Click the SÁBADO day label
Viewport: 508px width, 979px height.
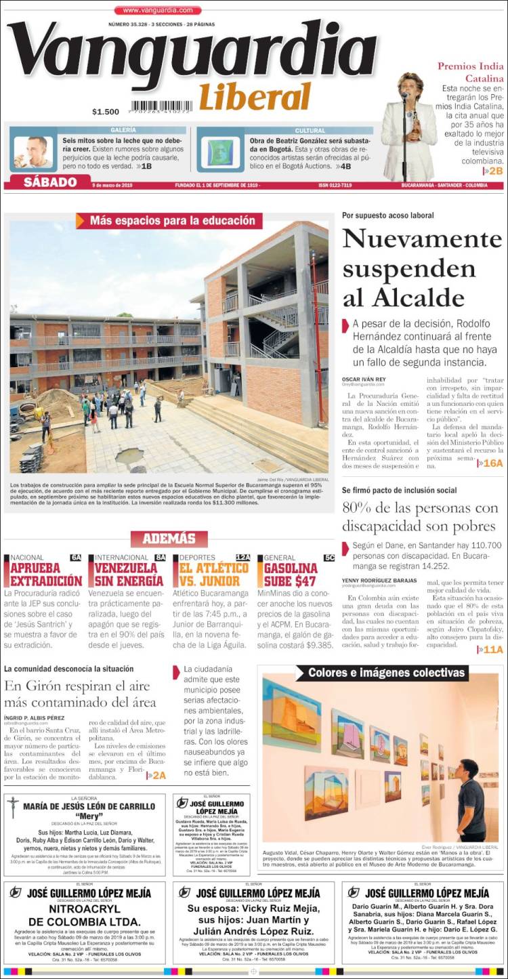tap(50, 182)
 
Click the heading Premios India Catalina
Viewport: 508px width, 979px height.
tap(471, 72)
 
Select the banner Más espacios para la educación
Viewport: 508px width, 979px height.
tap(173, 220)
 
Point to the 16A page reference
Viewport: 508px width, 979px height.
tap(491, 463)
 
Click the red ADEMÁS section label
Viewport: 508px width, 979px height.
tap(169, 539)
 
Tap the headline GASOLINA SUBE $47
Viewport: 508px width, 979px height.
tap(291, 575)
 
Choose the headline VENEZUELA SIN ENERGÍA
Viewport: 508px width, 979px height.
tap(129, 575)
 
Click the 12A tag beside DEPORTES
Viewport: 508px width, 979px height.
tap(243, 558)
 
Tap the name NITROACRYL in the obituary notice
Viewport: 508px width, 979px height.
tap(85, 909)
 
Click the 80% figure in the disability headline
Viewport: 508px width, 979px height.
tap(359, 507)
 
